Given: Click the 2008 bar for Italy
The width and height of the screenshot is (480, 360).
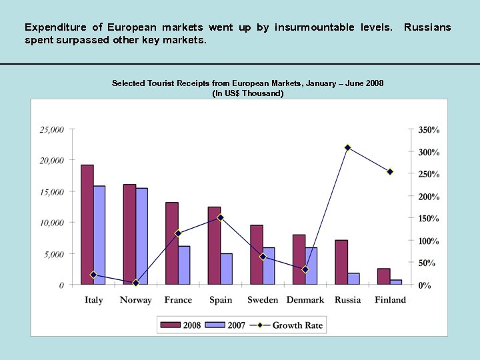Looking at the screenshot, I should [87, 225].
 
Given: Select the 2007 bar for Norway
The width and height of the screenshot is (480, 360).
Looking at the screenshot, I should [141, 236].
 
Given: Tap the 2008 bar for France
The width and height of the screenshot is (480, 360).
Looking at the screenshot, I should [172, 243].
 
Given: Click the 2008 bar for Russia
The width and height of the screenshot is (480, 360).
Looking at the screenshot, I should [341, 262].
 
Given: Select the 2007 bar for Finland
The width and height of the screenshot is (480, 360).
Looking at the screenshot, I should [396, 282].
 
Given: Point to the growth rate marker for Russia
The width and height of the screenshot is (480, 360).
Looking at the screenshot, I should [347, 147].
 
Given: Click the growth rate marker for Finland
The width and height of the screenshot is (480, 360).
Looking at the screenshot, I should [390, 172].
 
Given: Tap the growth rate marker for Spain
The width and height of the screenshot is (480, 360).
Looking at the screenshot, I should [221, 217].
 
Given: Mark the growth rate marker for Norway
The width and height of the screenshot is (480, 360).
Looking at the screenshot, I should [135, 283].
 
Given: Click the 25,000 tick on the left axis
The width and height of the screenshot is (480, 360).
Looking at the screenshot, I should [52, 129].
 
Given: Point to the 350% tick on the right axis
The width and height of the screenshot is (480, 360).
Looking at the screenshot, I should [429, 129].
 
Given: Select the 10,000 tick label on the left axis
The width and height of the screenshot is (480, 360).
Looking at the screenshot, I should [52, 223].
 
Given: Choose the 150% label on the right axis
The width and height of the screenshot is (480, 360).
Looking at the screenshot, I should [429, 219].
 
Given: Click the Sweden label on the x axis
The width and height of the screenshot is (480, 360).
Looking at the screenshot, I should [263, 300].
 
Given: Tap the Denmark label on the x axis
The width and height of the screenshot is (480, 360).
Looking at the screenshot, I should [305, 300].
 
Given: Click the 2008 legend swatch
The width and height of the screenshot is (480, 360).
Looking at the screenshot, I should [171, 325].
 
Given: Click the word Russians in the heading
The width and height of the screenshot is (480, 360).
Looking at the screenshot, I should [427, 27].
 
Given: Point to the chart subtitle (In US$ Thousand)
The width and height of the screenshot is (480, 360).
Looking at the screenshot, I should [247, 93].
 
